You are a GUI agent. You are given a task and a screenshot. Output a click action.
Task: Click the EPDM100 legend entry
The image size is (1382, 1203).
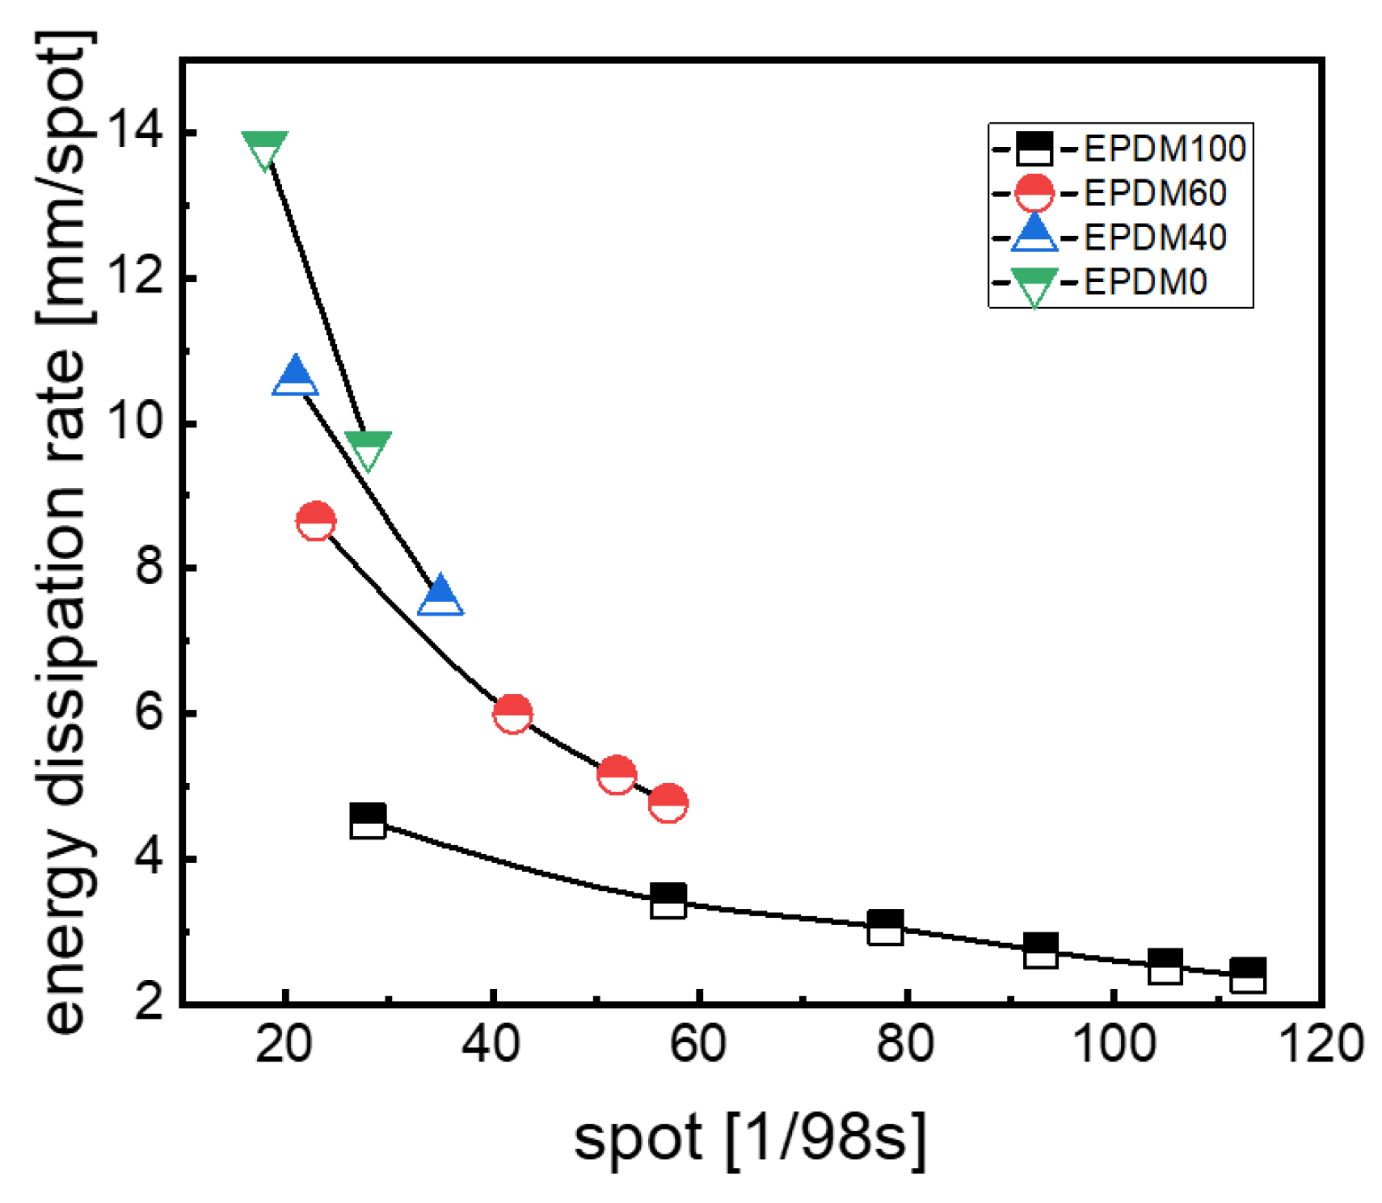(x=1164, y=149)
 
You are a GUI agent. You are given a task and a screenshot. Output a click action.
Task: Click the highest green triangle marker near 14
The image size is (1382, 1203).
(x=264, y=149)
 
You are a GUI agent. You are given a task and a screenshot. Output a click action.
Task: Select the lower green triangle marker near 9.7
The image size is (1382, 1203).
(x=368, y=448)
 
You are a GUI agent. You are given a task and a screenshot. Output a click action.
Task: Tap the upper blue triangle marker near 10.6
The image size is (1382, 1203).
(x=295, y=376)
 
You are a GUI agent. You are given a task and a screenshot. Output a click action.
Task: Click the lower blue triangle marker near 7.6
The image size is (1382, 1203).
(x=440, y=597)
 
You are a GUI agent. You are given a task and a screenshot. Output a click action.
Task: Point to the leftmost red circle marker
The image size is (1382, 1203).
(x=316, y=521)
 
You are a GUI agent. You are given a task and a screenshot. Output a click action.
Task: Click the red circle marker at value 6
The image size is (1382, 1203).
(x=512, y=713)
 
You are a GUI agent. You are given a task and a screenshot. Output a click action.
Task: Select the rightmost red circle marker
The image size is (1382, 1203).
(x=668, y=803)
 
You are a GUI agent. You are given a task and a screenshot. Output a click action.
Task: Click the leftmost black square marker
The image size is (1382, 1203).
(x=368, y=822)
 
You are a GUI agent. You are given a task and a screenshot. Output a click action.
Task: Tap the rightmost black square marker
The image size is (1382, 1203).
(x=1247, y=976)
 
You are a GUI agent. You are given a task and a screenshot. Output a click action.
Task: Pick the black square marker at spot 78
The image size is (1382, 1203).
(x=885, y=927)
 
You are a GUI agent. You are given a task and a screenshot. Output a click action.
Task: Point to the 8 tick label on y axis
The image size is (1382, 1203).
(x=150, y=567)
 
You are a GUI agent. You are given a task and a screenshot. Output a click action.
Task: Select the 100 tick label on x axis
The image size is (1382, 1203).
(x=1113, y=1044)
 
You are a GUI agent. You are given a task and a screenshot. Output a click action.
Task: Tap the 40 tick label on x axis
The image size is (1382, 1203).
(x=491, y=1044)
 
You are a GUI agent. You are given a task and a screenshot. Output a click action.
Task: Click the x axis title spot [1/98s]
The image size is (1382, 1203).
(x=749, y=1138)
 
